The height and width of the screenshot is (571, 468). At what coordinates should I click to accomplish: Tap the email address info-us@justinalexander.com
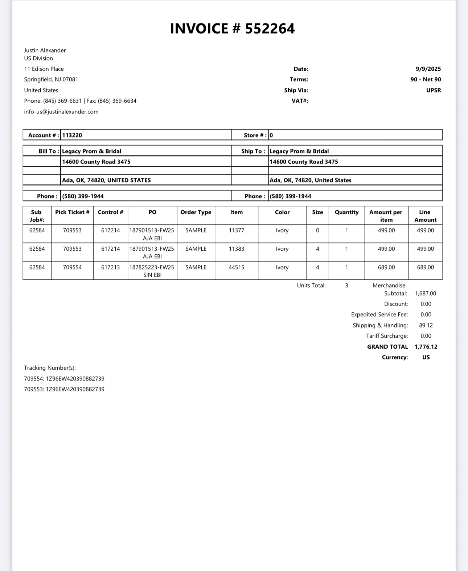tap(61, 112)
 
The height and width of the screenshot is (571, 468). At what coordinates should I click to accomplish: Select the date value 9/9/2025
tap(428, 69)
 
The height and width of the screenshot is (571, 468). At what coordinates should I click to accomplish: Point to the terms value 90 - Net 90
tap(426, 79)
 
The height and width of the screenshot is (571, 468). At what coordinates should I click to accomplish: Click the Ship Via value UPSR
tap(434, 90)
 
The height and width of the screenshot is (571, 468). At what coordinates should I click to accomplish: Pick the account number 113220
tap(72, 135)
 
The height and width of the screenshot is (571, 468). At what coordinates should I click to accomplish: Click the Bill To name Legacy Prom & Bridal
tap(92, 151)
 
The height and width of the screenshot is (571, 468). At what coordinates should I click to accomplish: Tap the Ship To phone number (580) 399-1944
tap(290, 196)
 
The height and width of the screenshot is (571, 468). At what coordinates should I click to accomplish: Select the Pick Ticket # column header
tap(72, 212)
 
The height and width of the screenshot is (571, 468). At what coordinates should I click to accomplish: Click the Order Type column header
tap(196, 212)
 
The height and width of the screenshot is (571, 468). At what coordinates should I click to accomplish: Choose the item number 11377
tap(237, 230)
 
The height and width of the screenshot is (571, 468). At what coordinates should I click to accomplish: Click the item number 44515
tap(237, 267)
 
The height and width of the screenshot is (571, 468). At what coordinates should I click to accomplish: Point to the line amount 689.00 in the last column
tap(425, 267)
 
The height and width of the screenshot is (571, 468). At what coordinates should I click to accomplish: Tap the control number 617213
tap(110, 267)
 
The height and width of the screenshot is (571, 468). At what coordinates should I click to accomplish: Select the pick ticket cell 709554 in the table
tap(72, 267)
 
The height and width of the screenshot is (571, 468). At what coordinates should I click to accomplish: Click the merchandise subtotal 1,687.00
tap(426, 293)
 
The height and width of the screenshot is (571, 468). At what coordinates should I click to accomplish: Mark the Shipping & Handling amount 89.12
tap(426, 325)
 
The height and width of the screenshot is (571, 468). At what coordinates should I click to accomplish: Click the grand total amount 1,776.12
tap(426, 347)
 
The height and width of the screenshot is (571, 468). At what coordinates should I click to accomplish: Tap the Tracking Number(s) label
tap(50, 368)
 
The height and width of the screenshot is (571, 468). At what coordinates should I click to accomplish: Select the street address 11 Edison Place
tap(44, 69)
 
